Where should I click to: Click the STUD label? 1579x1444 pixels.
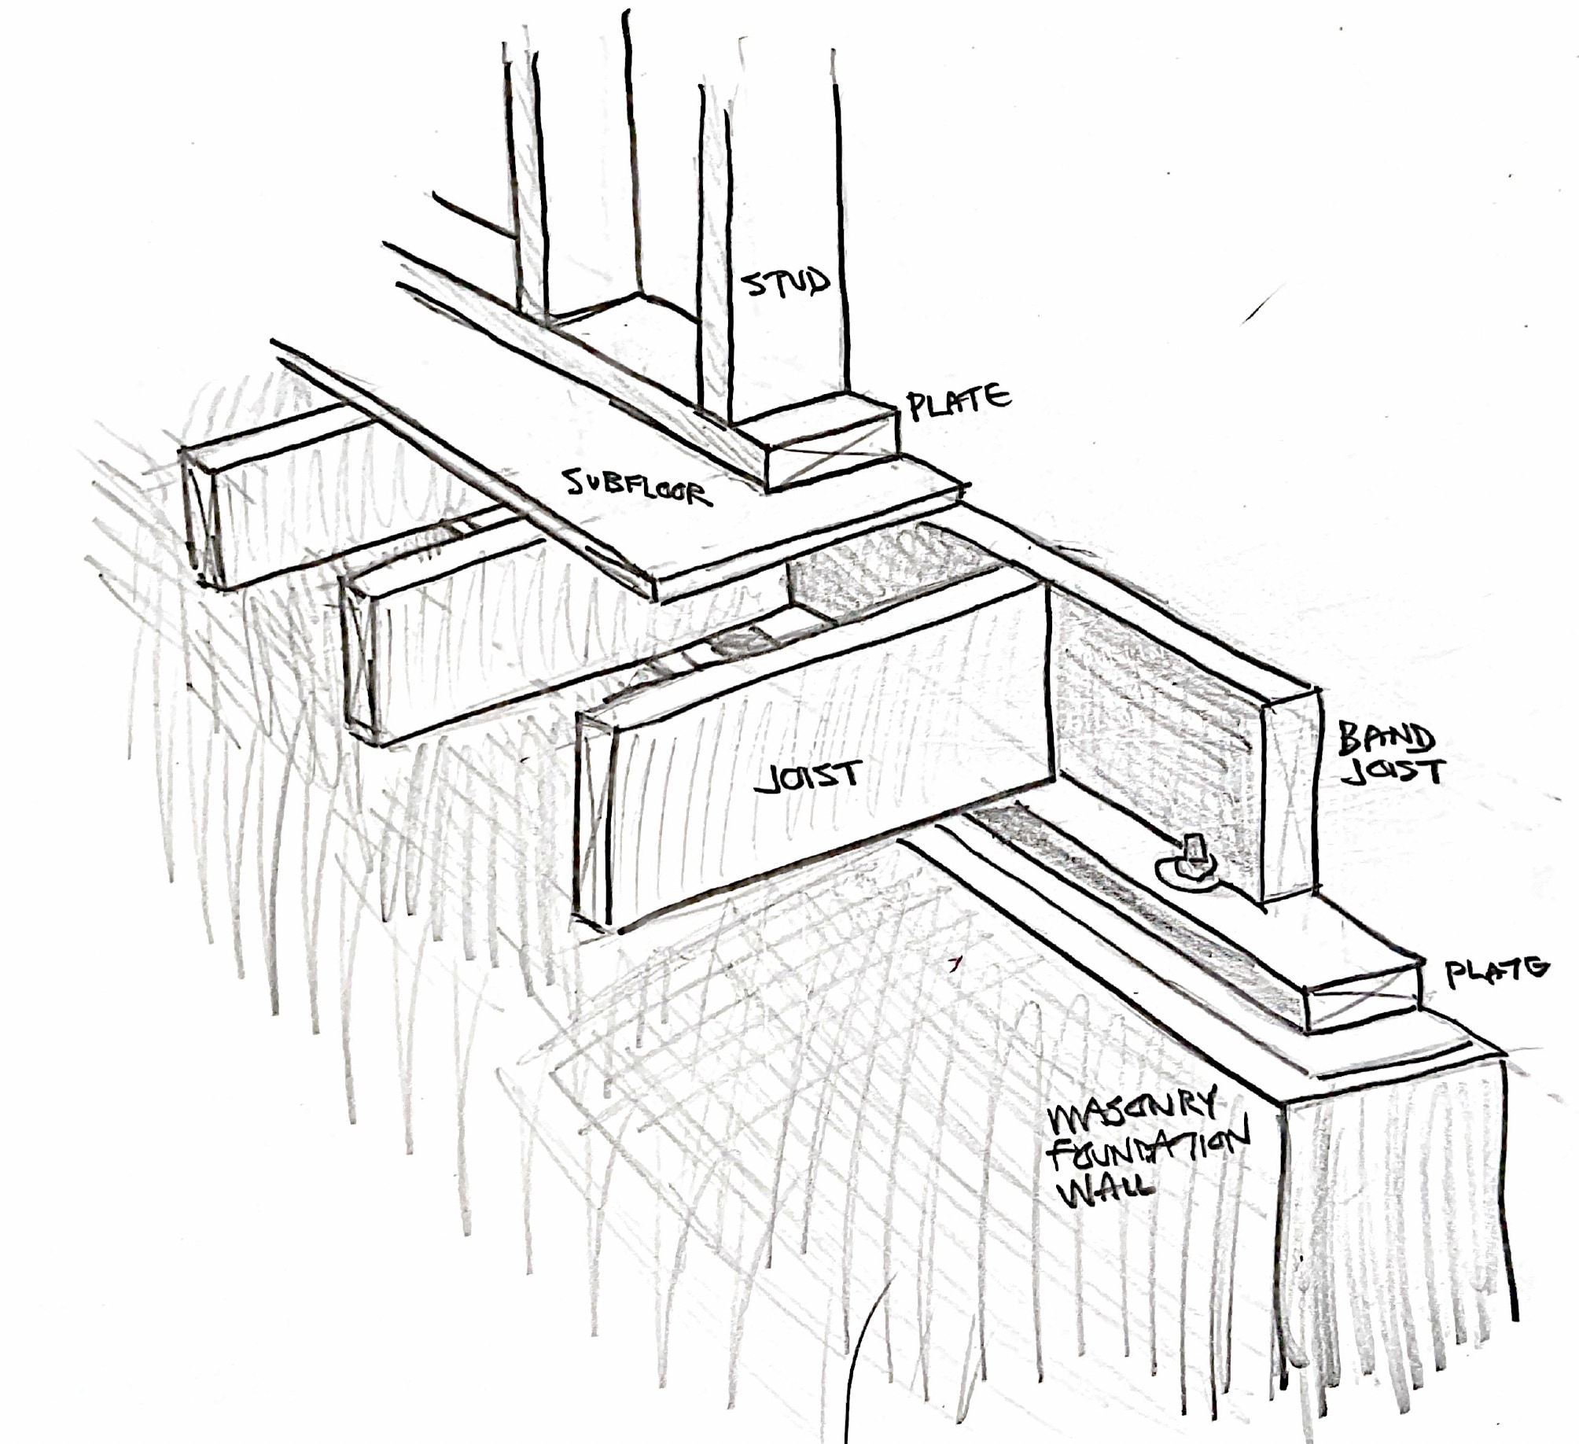coord(787,282)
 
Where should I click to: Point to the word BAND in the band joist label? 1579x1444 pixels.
coord(1386,737)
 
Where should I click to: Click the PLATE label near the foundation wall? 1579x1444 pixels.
coord(1496,972)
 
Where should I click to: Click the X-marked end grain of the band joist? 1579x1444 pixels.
coord(1289,794)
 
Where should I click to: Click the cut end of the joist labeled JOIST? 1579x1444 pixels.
coord(594,822)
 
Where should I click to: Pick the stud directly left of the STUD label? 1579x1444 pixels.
coord(715,252)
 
